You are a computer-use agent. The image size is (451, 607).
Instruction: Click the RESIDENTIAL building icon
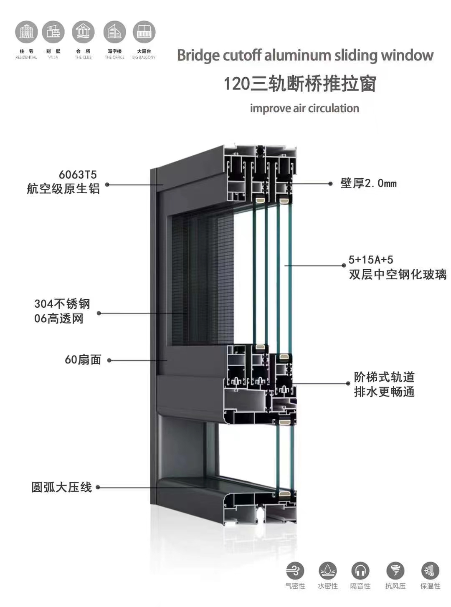(x=26, y=32)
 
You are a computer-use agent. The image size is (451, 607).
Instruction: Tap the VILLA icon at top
(x=53, y=32)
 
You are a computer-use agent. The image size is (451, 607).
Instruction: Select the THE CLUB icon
(x=83, y=32)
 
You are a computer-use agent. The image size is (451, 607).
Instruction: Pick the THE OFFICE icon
(x=114, y=32)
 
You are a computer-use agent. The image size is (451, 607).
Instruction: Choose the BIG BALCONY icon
(x=144, y=32)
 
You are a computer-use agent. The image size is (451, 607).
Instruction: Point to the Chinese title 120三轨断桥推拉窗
(x=300, y=83)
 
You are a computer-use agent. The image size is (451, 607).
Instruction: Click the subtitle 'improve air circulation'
(x=304, y=109)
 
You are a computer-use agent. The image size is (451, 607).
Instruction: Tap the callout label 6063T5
(x=78, y=175)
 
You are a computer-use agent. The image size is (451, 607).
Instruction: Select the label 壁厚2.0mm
(x=368, y=183)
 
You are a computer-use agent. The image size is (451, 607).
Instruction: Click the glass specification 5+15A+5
(x=371, y=260)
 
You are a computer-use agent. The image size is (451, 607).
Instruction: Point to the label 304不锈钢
(x=62, y=304)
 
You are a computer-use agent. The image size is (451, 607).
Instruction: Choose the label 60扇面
(x=83, y=360)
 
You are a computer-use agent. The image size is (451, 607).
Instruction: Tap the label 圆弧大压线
(x=61, y=487)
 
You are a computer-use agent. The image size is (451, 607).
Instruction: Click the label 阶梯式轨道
(x=384, y=377)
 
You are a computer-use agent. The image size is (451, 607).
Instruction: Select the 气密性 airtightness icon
(x=295, y=571)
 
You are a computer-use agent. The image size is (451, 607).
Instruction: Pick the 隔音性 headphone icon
(x=360, y=571)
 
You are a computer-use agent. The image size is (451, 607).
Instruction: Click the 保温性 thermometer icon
(x=430, y=571)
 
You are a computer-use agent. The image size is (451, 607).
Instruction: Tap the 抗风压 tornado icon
(x=395, y=571)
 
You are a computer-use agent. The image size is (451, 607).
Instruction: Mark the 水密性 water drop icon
(x=327, y=571)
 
